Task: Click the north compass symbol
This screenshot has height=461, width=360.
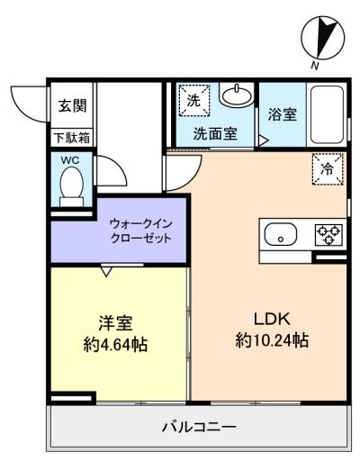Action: (x=323, y=37)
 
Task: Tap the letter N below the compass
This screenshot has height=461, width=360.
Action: (x=315, y=66)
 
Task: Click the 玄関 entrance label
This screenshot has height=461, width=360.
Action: (x=72, y=106)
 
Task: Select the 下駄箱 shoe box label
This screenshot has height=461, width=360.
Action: (x=72, y=138)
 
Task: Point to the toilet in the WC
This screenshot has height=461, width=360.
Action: (x=71, y=186)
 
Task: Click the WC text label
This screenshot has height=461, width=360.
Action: (x=70, y=160)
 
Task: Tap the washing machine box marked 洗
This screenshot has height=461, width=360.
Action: (x=194, y=100)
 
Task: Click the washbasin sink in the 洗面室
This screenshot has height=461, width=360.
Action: (x=237, y=95)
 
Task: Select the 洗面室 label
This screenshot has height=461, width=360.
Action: (x=216, y=134)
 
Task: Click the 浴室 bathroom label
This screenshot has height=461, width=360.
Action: (x=283, y=114)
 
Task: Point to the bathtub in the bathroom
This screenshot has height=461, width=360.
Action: (x=327, y=114)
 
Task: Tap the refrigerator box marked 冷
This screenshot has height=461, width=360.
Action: (x=328, y=169)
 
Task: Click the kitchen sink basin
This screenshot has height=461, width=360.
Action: (x=281, y=234)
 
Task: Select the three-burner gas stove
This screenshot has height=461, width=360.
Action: (x=328, y=234)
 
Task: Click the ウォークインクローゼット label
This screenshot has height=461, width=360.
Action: (x=141, y=231)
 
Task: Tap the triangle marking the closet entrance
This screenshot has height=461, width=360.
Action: (x=106, y=271)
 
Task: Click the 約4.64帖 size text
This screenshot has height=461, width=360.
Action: (x=116, y=345)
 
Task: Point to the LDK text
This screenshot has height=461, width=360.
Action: (x=272, y=319)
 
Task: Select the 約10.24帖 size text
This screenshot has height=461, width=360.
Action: (x=272, y=340)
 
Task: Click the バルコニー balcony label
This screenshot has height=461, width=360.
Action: (x=199, y=427)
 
